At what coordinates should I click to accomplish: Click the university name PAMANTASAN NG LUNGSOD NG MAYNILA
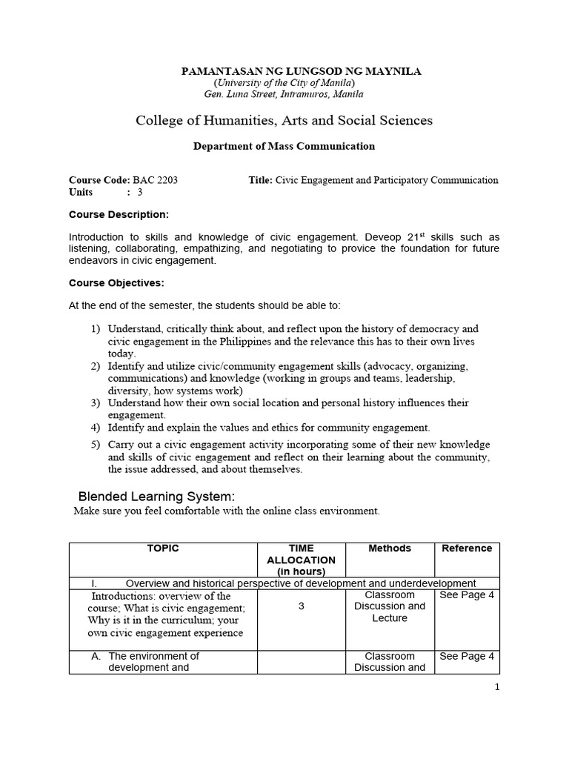click(x=302, y=71)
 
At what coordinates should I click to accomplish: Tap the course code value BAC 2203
click(x=155, y=180)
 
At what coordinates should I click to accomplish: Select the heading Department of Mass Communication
click(x=284, y=146)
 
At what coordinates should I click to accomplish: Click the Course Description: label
click(x=119, y=215)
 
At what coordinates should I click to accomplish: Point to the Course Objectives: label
click(x=116, y=282)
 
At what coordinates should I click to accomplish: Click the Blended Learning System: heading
click(x=157, y=496)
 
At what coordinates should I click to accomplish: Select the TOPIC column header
click(x=163, y=548)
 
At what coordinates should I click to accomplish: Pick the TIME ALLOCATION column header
click(x=301, y=560)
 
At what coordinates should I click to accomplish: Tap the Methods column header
click(x=390, y=548)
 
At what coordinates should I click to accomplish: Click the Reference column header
click(x=467, y=548)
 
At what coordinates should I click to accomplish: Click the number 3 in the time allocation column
click(x=301, y=606)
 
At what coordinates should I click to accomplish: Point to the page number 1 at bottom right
click(x=498, y=687)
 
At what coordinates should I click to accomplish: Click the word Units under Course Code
click(x=81, y=192)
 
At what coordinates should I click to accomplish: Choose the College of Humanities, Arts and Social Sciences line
click(x=284, y=120)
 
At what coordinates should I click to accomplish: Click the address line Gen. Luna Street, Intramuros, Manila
click(x=284, y=94)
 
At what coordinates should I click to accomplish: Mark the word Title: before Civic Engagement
click(x=261, y=180)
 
